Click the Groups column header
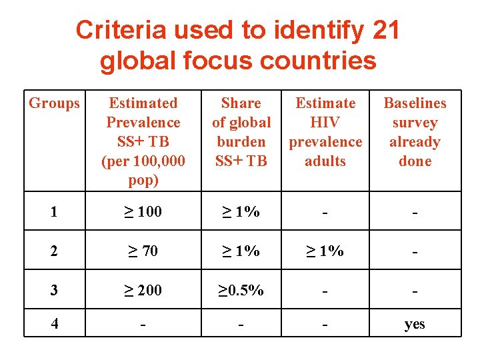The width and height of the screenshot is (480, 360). click(x=54, y=103)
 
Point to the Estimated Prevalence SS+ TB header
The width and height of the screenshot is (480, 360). click(x=143, y=141)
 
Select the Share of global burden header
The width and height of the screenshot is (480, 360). click(x=241, y=132)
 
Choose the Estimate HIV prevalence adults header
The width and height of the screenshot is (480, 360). click(x=325, y=132)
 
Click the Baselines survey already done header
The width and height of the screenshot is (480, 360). click(x=415, y=132)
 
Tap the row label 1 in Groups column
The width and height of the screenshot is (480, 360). click(x=54, y=212)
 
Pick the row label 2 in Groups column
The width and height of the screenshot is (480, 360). click(x=54, y=251)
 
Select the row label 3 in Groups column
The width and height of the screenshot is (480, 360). click(x=54, y=290)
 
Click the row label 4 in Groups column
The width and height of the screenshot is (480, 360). click(x=54, y=324)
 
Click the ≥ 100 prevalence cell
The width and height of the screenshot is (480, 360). click(x=143, y=212)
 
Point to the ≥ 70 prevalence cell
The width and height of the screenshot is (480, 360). click(x=143, y=251)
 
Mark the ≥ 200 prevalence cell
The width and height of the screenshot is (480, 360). click(x=143, y=290)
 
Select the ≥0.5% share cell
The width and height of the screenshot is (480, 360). click(x=241, y=290)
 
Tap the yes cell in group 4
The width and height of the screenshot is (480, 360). click(x=415, y=325)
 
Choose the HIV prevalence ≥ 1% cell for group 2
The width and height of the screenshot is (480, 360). click(x=325, y=251)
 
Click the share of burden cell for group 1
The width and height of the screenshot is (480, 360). click(x=241, y=212)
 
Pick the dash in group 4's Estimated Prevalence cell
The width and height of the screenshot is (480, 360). click(x=143, y=325)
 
